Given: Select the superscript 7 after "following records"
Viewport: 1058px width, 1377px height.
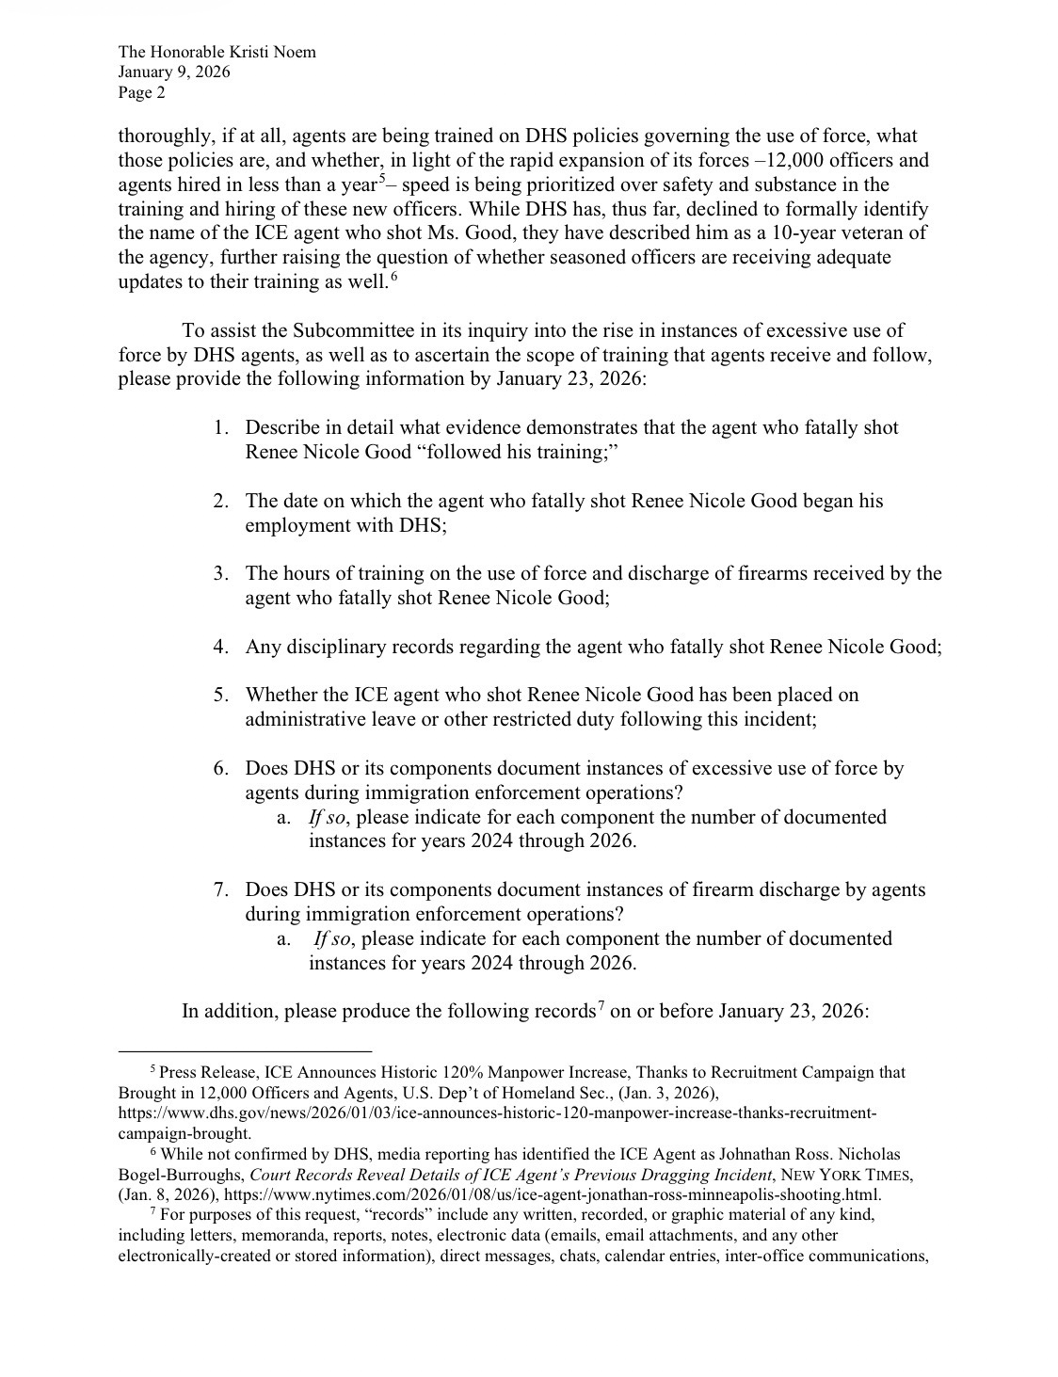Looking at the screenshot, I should click(x=600, y=1005).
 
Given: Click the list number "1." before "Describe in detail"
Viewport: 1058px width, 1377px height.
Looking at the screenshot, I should click(x=221, y=428).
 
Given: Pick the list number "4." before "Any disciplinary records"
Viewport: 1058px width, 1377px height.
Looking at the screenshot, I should click(x=221, y=648).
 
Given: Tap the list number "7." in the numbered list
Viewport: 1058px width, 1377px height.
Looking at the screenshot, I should click(x=221, y=890).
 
